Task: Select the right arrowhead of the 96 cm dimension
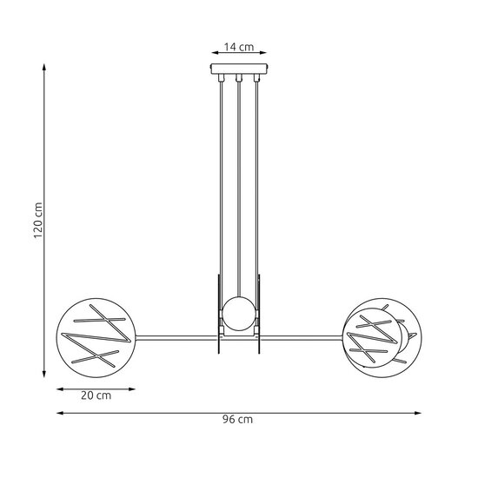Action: (x=422, y=410)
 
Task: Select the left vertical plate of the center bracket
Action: (x=218, y=313)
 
